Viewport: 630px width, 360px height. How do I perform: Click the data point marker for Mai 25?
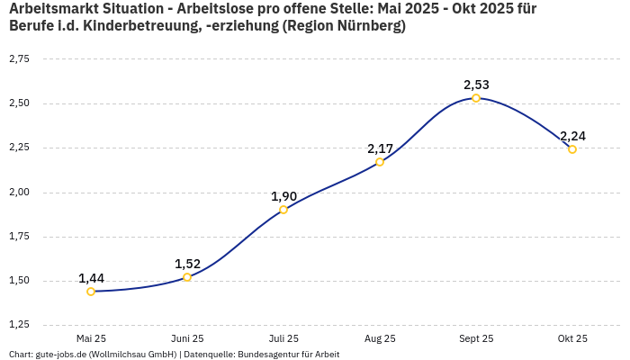point(91,292)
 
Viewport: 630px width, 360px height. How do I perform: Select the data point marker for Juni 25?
point(187,277)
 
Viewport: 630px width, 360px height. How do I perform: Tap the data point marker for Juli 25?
point(283,210)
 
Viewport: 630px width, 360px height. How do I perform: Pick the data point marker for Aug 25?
point(380,162)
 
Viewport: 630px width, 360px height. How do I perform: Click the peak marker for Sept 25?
point(476,98)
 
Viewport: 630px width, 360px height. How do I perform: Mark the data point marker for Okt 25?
point(572,149)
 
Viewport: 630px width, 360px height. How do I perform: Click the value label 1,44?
point(91,278)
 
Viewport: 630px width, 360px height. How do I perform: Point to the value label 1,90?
point(283,196)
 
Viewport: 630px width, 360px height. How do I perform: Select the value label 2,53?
point(476,85)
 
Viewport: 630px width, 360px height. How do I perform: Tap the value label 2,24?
point(572,136)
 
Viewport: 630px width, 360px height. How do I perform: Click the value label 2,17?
point(380,148)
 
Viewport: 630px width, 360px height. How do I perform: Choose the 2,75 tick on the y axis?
point(19,58)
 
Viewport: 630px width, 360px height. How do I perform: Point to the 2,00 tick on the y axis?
point(19,192)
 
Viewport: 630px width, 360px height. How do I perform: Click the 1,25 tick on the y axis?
point(19,324)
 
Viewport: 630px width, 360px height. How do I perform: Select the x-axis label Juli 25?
point(283,338)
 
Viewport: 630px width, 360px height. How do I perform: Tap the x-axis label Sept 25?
point(476,338)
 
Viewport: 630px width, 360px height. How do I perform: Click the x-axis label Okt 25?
point(572,338)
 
